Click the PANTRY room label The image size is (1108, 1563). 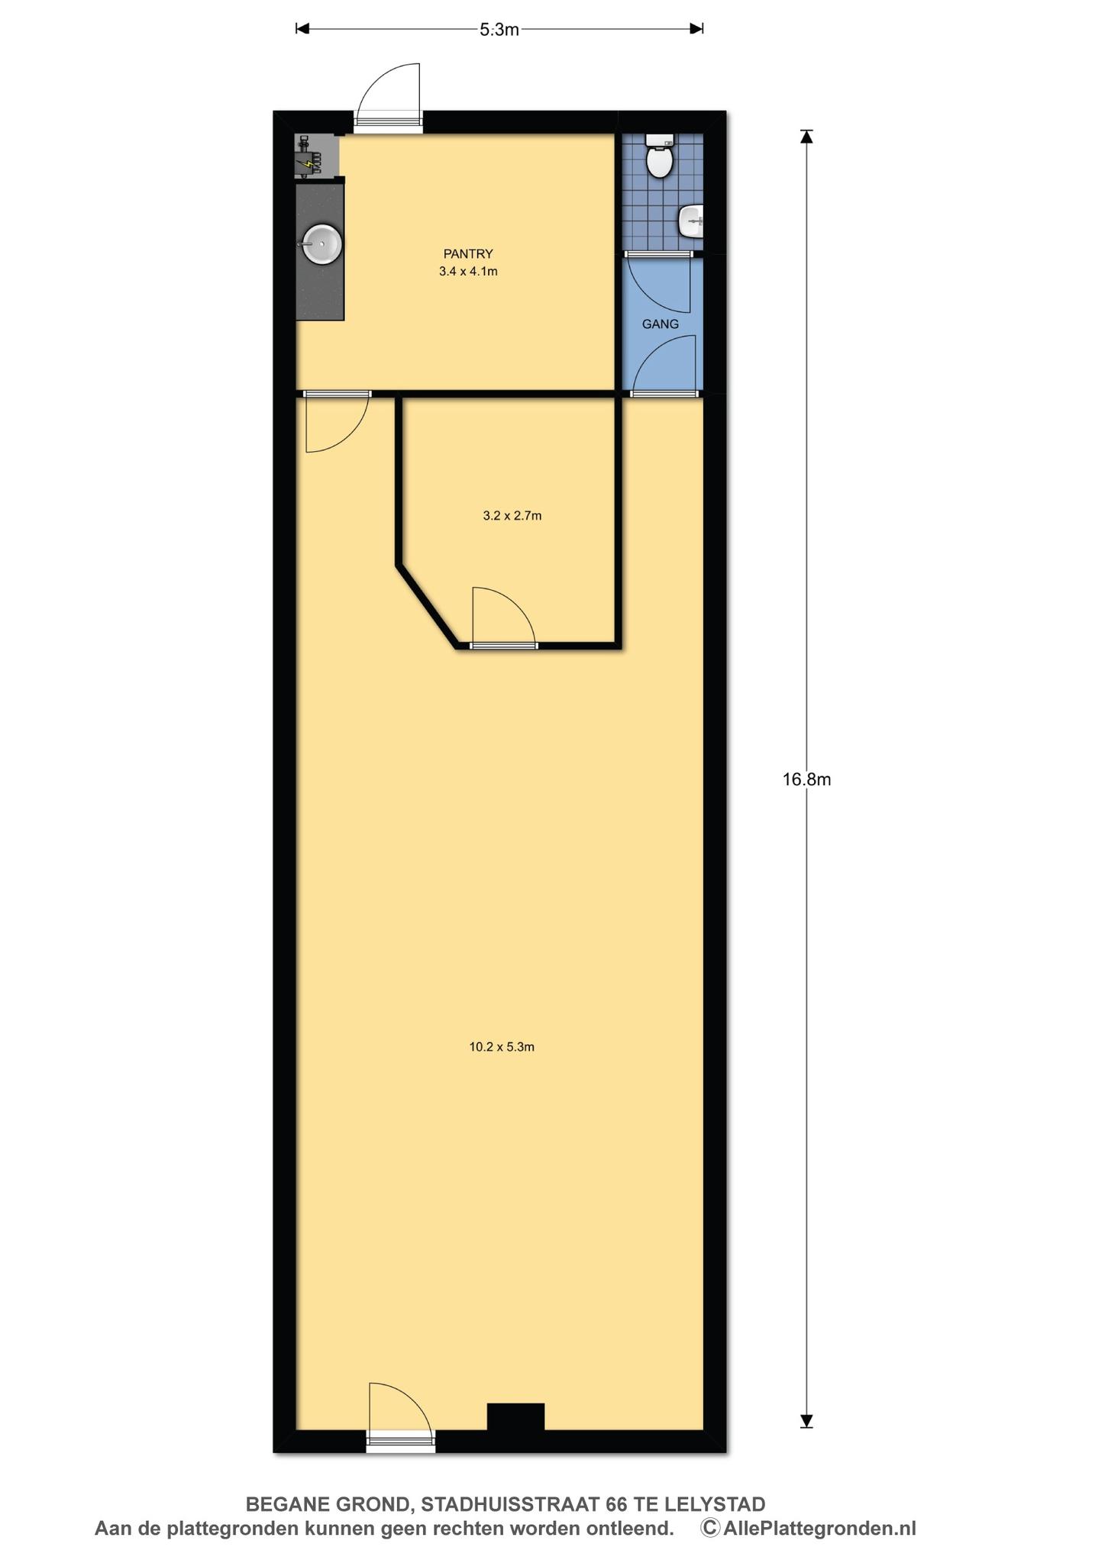tap(468, 254)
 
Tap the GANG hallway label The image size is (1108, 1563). tap(661, 324)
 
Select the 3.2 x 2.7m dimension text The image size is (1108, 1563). tap(512, 516)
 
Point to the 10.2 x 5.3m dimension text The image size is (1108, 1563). tap(502, 1047)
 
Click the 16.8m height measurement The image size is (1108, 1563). tap(806, 779)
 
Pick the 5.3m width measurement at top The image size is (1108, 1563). tap(499, 30)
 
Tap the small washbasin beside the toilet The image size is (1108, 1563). tap(691, 221)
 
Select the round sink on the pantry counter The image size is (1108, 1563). tap(321, 244)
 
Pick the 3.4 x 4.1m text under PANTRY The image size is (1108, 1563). tap(468, 272)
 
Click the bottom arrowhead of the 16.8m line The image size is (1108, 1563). tap(806, 1421)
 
